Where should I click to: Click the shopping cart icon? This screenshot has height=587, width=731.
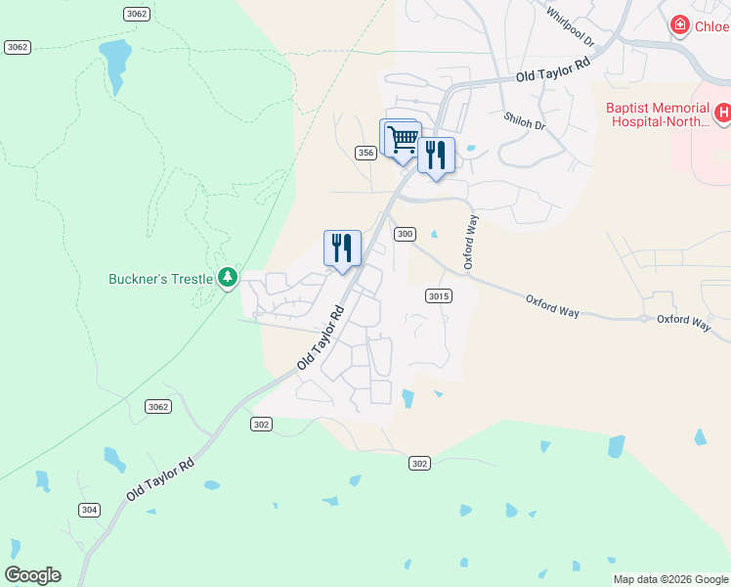tap(403, 139)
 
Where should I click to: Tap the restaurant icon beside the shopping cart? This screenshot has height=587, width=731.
tap(436, 155)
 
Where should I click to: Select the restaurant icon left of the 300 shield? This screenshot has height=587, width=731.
tap(342, 248)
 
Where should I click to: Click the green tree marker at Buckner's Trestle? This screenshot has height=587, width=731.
tap(228, 279)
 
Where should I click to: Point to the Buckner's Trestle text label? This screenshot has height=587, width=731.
tap(160, 279)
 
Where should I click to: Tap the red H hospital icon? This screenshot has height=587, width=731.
tap(723, 113)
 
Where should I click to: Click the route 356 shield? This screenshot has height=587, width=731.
tap(365, 153)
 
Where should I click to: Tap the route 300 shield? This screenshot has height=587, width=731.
tap(406, 234)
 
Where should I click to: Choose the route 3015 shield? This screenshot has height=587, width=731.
tap(438, 295)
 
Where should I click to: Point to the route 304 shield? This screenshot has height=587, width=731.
tap(89, 510)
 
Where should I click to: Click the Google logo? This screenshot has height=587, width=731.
tap(32, 575)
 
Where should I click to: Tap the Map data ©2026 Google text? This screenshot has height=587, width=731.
tap(670, 579)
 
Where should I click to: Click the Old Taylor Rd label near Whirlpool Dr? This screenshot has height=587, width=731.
tap(554, 69)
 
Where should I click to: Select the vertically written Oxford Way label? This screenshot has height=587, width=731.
tap(470, 243)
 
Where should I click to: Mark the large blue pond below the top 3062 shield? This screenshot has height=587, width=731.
tap(114, 63)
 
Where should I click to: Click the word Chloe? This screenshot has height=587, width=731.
tap(711, 26)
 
